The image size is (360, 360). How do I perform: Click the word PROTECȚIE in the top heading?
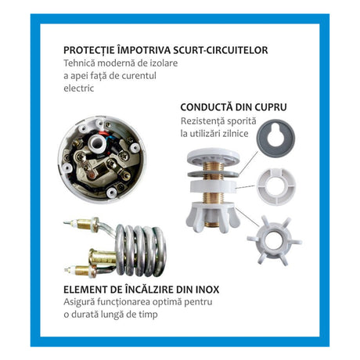tap(89, 50)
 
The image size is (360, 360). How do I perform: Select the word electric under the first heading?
tap(79, 88)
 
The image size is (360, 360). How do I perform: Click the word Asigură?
tap(79, 302)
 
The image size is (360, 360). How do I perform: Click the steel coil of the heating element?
tap(141, 250)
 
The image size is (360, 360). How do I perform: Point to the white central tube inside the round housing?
tap(98, 142)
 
